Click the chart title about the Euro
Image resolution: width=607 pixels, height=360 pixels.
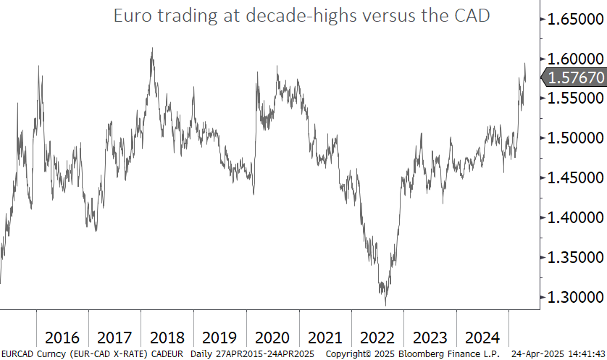point(301,16)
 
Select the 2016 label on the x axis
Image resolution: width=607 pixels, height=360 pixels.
point(62,338)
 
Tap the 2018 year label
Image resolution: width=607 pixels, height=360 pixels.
point(167,338)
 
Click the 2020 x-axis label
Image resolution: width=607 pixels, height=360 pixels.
point(272,338)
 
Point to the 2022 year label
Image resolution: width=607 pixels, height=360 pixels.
point(377,338)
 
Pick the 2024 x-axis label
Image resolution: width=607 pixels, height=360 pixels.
point(482,338)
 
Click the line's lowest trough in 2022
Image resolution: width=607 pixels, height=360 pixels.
point(385,305)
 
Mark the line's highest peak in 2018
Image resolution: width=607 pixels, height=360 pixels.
point(151,49)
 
